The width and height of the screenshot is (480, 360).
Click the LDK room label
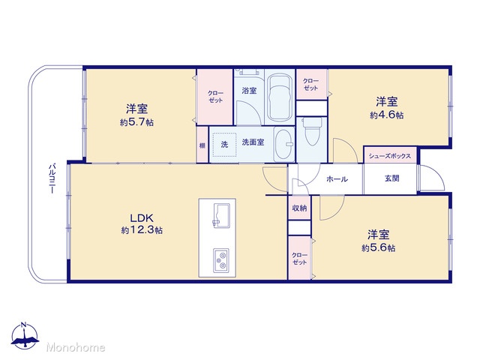tap(142, 218)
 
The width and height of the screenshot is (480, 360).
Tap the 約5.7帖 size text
tap(136, 122)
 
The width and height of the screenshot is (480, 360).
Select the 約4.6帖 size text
tap(387, 115)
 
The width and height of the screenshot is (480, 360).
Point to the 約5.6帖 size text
tap(378, 248)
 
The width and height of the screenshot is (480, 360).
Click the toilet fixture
tap(312, 132)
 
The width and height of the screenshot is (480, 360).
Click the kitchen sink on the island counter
tap(221, 216)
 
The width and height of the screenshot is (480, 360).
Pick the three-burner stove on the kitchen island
tap(221, 260)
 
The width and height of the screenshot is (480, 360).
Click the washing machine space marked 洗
tap(225, 145)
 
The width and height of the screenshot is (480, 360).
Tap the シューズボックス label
tap(390, 156)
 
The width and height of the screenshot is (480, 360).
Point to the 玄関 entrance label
tap(391, 178)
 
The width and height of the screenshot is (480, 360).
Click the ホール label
tap(337, 179)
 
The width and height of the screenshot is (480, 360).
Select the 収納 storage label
tap(299, 208)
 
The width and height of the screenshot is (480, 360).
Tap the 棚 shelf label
tap(202, 145)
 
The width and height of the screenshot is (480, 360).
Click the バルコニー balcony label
tap(52, 179)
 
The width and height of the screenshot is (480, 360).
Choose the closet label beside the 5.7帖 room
tap(215, 97)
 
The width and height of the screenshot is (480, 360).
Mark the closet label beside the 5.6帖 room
tap(300, 259)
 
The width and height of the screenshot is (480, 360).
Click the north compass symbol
tap(25, 335)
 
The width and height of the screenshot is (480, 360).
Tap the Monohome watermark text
tap(76, 347)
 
